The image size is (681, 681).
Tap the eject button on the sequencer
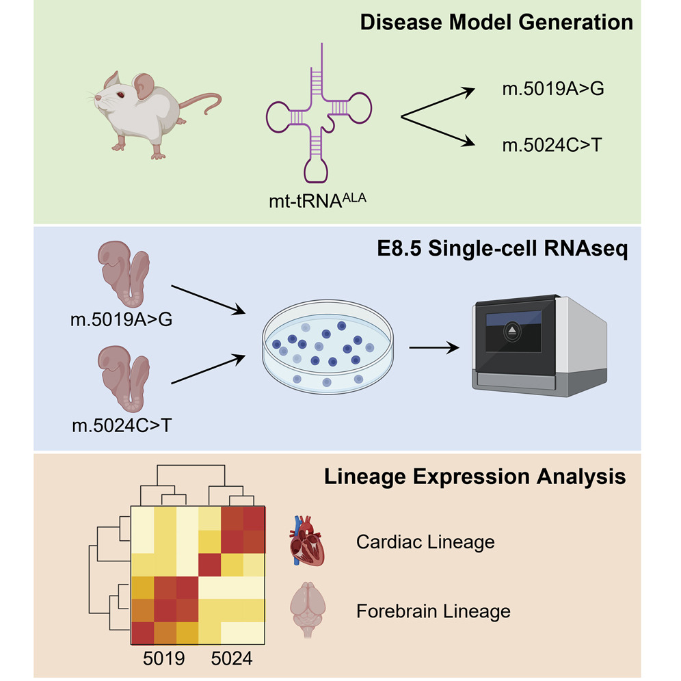513,333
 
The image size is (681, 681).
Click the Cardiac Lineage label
425,543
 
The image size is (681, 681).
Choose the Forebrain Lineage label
433,610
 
